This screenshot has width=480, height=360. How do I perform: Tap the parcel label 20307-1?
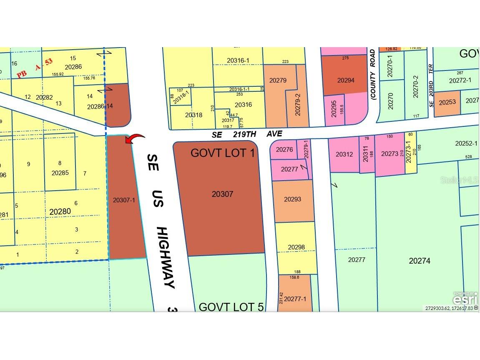(124, 200)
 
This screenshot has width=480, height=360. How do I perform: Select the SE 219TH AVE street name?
(246, 134)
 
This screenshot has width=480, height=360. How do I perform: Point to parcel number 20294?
(346, 80)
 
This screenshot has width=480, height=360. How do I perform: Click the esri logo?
(465, 299)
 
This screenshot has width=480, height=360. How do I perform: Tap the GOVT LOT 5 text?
(231, 307)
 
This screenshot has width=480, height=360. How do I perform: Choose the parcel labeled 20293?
(292, 199)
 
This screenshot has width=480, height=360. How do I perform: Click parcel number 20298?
(296, 247)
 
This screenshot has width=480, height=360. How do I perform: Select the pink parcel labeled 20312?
(344, 154)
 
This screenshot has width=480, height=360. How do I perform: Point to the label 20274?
(419, 261)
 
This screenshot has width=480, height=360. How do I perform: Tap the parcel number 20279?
(278, 81)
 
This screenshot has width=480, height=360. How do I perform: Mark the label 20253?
(447, 102)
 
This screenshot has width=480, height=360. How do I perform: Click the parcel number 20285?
(60, 172)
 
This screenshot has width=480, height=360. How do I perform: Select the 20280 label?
(60, 211)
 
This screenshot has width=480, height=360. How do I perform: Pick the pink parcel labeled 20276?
(284, 150)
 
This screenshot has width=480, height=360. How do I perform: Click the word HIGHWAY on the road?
(167, 257)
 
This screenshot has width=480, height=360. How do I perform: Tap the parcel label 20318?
(194, 115)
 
